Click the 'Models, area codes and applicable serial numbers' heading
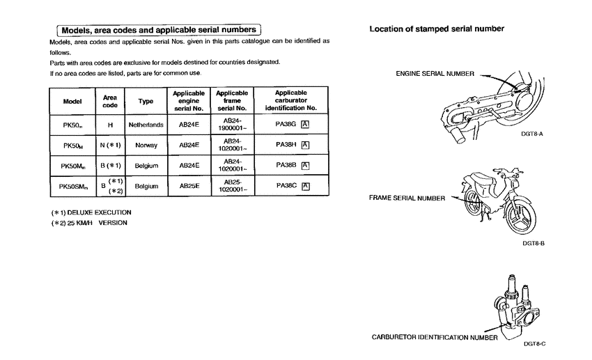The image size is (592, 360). tap(159, 30)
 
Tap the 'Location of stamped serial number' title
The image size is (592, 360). tap(437, 29)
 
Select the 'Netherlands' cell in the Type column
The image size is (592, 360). tap(146, 125)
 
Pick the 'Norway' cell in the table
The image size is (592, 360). tap(146, 145)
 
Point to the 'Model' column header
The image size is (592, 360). tap(72, 102)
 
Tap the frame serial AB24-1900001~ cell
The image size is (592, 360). tap(232, 125)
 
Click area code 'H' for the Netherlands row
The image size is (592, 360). tap(109, 125)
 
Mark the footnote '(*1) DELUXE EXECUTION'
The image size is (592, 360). tap(91, 212)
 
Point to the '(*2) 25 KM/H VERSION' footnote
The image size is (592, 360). tap(88, 223)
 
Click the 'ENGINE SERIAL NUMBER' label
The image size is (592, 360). tap(435, 73)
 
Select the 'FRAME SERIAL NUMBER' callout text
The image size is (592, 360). tap(407, 198)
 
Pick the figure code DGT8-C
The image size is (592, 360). tap(534, 343)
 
